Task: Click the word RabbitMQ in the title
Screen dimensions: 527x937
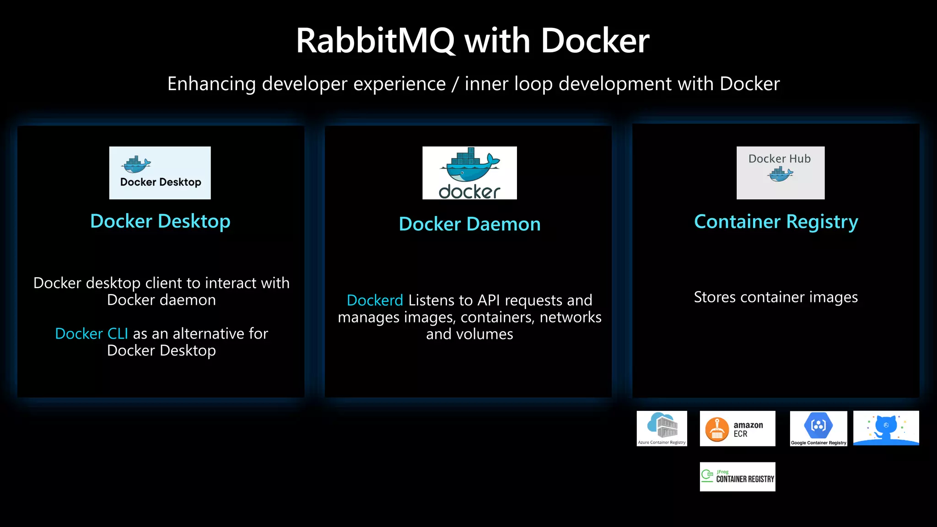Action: pos(375,41)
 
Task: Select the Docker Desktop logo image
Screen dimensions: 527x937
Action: pos(160,173)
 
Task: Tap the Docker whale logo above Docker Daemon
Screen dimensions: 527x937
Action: pos(469,173)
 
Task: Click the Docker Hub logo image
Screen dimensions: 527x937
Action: pos(780,173)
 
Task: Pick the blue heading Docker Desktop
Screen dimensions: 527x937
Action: pos(160,221)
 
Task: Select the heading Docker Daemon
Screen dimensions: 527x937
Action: pos(469,224)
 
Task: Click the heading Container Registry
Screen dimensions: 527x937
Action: pos(776,222)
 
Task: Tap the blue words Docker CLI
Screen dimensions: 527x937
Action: pos(92,334)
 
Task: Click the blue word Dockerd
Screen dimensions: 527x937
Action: pos(375,301)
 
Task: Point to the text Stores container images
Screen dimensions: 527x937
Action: pos(775,297)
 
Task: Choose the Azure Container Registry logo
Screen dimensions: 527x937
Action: pos(662,428)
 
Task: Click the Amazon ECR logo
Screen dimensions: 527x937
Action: pos(737,429)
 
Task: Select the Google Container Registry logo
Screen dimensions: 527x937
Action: pos(818,429)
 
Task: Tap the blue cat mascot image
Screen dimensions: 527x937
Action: pos(886,428)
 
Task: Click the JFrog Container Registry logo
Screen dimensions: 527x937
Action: pos(737,477)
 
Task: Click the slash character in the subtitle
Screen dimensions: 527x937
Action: pos(455,84)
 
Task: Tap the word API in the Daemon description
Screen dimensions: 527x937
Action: pos(489,301)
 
